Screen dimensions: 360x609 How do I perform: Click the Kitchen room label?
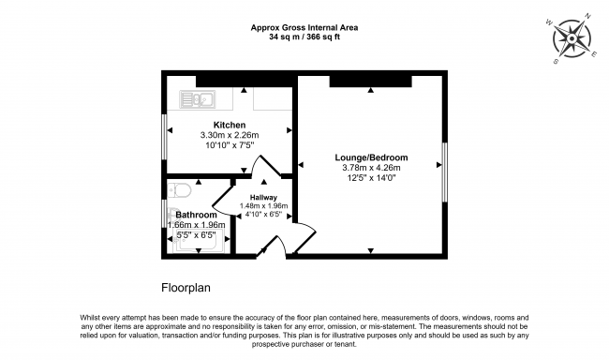coord(230,125)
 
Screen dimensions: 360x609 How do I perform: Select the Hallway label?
coord(263,197)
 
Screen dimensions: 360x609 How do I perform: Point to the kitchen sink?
coord(199,97)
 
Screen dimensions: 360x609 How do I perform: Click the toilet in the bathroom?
coord(182,191)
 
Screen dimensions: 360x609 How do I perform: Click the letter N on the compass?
coord(587,17)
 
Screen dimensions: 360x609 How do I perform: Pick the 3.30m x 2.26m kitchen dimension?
coord(230,135)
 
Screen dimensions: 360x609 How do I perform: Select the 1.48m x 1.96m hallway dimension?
coord(263,206)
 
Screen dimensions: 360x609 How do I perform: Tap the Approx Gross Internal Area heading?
coord(304,28)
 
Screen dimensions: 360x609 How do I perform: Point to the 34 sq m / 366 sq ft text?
coord(304,38)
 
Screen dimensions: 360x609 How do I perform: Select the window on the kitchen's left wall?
coord(165,140)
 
